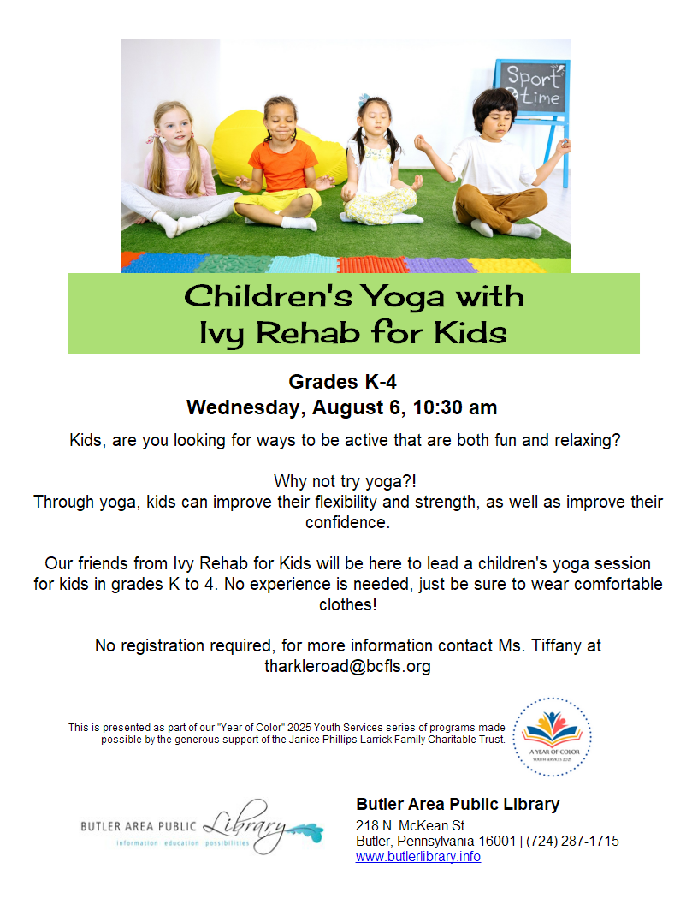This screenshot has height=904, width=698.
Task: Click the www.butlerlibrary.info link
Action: [x=418, y=857]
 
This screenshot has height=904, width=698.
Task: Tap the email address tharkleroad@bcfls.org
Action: [x=347, y=667]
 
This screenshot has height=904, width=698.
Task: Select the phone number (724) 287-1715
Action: [x=572, y=842]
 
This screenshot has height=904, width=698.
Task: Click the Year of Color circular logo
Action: [x=553, y=737]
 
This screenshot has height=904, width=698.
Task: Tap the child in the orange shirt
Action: [x=282, y=164]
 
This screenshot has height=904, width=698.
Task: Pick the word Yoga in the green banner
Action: [x=402, y=298]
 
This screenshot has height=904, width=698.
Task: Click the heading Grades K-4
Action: [x=342, y=382]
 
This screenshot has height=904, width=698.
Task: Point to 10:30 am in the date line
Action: [x=454, y=407]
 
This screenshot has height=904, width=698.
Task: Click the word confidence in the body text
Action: [x=347, y=522]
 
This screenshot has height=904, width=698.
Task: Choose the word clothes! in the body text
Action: [x=348, y=604]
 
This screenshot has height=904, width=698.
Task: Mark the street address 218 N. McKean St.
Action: [x=411, y=825]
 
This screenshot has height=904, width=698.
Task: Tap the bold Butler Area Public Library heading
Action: [x=458, y=804]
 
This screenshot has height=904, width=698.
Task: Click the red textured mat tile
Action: [x=373, y=265]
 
